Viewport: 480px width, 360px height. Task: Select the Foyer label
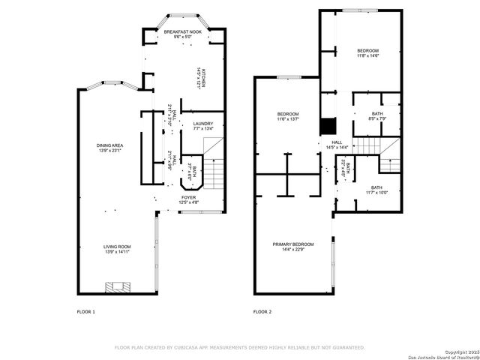(188, 200)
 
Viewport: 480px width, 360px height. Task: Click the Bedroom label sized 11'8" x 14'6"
(367, 52)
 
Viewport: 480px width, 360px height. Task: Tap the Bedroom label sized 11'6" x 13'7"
(288, 116)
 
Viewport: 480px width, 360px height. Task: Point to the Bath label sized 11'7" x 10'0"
(376, 190)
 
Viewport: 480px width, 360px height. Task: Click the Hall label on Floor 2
(336, 145)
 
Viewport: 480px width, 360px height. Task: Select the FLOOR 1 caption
(86, 311)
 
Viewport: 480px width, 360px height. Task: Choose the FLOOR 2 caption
(262, 311)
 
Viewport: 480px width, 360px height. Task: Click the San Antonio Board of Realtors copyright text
(445, 354)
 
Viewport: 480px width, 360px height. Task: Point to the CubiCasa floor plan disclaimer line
(239, 347)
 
